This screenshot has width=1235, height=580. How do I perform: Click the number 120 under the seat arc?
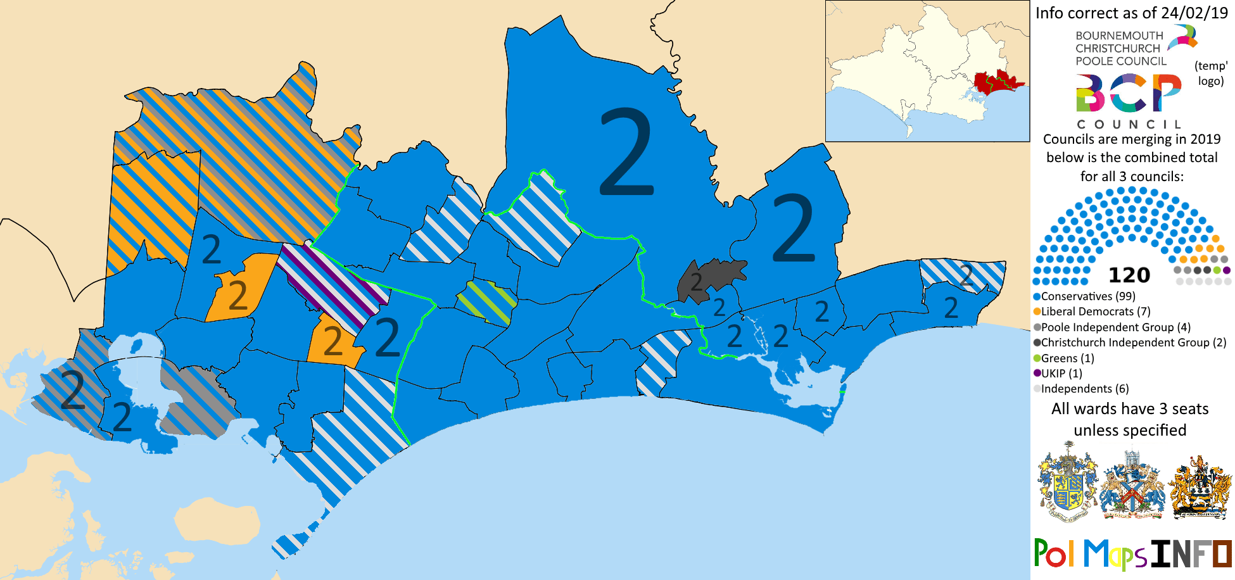(1129, 275)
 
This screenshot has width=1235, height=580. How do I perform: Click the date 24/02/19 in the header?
(1194, 13)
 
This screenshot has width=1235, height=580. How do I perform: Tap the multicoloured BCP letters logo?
(1128, 93)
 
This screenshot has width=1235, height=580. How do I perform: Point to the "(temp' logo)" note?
(1210, 73)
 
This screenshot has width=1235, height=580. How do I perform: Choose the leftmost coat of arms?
(1068, 482)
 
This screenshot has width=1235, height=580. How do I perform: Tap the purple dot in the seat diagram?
(1227, 270)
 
